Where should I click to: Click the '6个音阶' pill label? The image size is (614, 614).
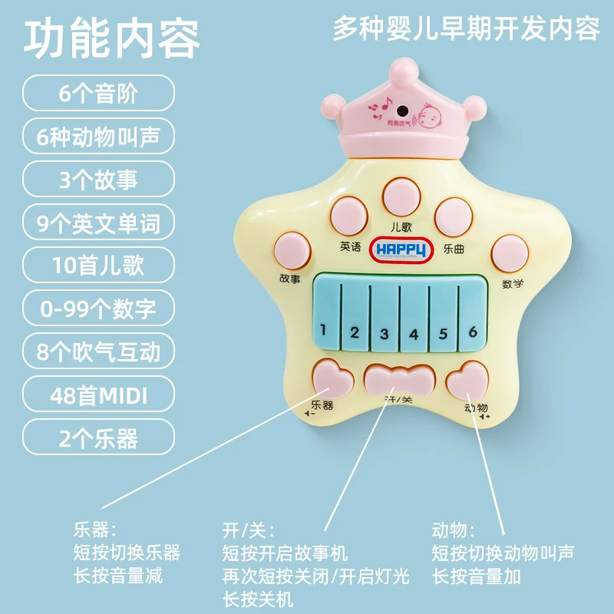(x=98, y=94)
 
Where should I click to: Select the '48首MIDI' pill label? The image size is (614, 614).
(x=98, y=397)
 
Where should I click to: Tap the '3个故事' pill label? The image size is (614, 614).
(x=98, y=180)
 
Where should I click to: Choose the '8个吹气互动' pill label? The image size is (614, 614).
(x=98, y=352)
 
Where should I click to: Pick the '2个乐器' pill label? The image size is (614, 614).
(x=98, y=439)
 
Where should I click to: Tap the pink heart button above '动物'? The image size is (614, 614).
(x=468, y=378)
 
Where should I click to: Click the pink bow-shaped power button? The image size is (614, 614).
(x=400, y=378)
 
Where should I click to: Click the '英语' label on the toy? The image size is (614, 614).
(x=351, y=247)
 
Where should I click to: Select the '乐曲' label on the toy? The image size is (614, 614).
(x=454, y=249)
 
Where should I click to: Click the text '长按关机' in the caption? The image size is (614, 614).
(x=257, y=598)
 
